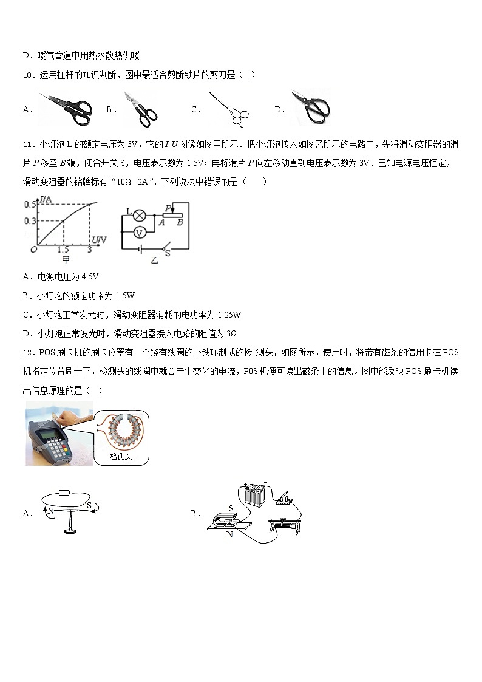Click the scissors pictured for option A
(64, 105)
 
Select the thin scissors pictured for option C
(227, 109)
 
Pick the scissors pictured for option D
(310, 107)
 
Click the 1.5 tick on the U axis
(63, 250)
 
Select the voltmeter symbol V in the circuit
(138, 232)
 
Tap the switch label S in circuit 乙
(168, 254)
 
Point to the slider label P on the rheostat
(166, 207)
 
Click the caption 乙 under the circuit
(154, 259)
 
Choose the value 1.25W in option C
(229, 315)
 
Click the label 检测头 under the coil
(120, 457)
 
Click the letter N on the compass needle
(50, 511)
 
